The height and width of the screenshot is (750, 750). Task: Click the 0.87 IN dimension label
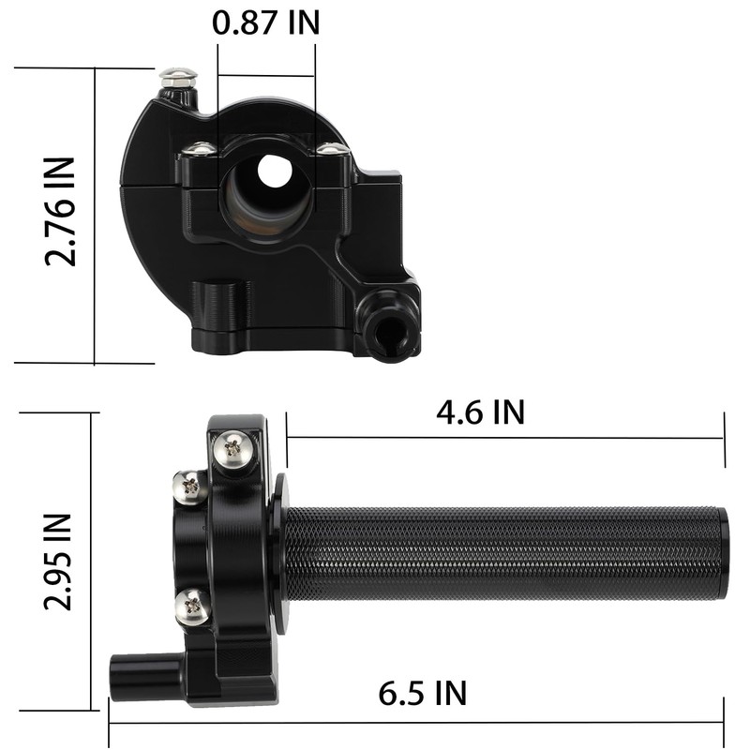266,22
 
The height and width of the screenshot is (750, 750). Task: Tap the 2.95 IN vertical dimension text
58,561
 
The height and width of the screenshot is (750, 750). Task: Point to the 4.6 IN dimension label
479,412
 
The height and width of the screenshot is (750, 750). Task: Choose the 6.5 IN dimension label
422,694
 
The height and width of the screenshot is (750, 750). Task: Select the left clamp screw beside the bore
199,148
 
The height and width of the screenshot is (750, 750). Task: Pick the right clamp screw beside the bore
328,148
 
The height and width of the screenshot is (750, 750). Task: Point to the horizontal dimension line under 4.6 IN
506,438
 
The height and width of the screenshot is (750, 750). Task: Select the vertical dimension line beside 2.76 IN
96,216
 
